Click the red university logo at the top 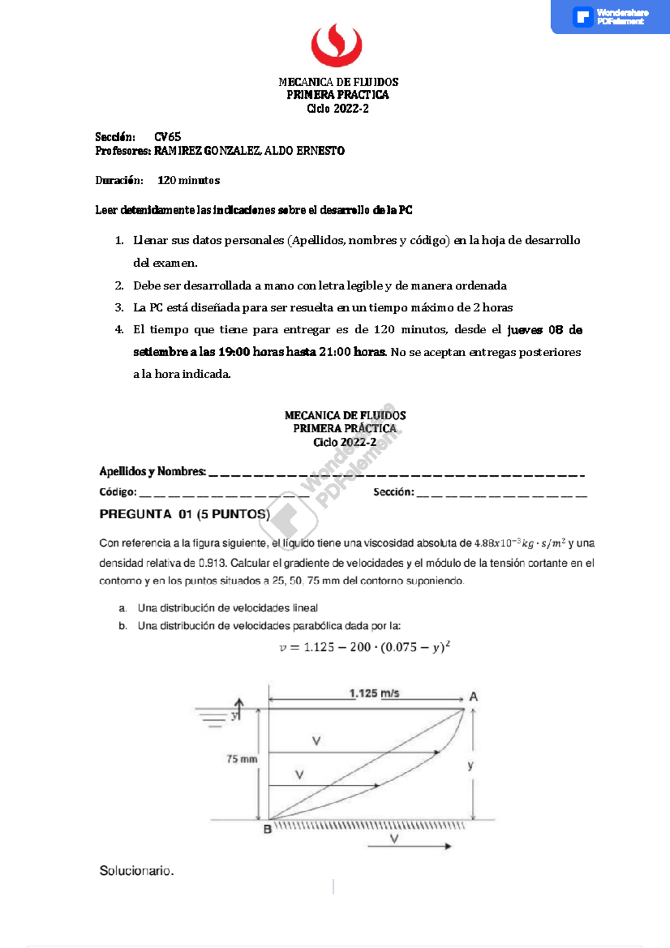pos(336,45)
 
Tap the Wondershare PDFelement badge pos(610,17)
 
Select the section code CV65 pos(167,137)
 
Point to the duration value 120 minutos pos(189,180)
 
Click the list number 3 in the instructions pos(119,308)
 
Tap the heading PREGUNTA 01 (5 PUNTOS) pos(184,514)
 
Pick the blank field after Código pos(223,495)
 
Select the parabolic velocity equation pos(365,647)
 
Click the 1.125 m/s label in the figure pos(374,693)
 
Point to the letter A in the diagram pos(473,697)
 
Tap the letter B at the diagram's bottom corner pos(267,830)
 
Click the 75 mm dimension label pos(242,759)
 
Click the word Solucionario pos(137,871)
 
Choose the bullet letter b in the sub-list pos(122,626)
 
